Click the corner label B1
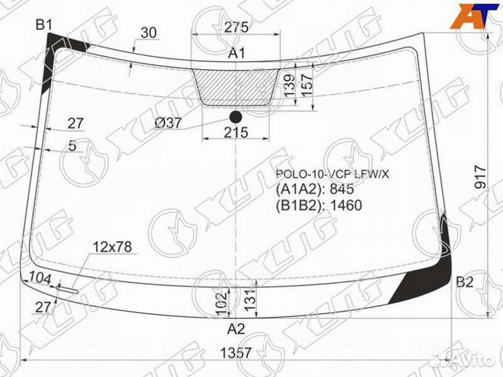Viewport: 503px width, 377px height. (43, 24)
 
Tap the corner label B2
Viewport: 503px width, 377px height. (465, 282)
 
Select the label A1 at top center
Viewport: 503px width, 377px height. (236, 53)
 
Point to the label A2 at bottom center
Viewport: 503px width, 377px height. (236, 329)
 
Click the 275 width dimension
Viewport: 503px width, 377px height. (236, 27)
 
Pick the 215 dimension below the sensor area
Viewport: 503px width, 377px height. (236, 133)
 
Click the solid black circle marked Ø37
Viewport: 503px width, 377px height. (236, 117)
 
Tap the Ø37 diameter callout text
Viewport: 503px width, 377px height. (168, 123)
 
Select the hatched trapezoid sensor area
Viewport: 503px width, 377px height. (236, 87)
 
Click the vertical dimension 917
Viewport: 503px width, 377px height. (481, 177)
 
